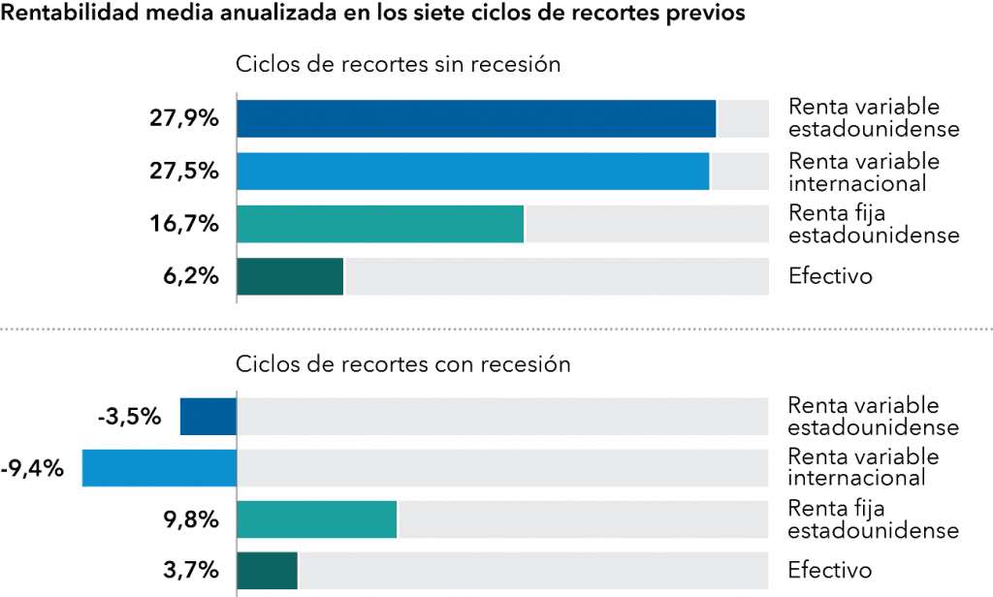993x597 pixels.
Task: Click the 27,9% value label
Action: (184, 119)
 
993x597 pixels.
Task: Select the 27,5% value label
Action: (184, 172)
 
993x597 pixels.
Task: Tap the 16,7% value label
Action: (184, 224)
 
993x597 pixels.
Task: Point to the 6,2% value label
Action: (191, 276)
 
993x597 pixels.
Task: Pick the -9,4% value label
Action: (32, 470)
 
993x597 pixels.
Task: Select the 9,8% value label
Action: (191, 520)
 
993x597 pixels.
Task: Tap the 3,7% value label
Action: (191, 571)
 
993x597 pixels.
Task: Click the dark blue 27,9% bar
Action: (475, 119)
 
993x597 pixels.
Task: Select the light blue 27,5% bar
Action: (472, 172)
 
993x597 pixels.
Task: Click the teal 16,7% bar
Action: (379, 224)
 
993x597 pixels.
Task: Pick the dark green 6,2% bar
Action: (290, 276)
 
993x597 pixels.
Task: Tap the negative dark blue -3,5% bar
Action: (208, 418)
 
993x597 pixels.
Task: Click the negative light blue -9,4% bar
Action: (159, 469)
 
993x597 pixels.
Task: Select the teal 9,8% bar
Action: (316, 519)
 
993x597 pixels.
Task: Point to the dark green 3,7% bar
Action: (267, 570)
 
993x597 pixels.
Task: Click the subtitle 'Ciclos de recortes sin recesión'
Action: (399, 65)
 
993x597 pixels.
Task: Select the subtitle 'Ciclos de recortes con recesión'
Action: (403, 364)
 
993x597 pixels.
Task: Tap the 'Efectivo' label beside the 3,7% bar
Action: (829, 571)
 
